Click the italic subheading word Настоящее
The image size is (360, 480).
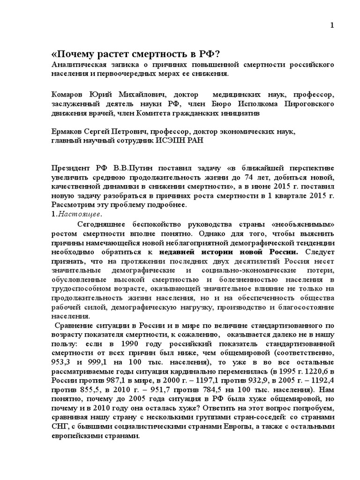(72, 214)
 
